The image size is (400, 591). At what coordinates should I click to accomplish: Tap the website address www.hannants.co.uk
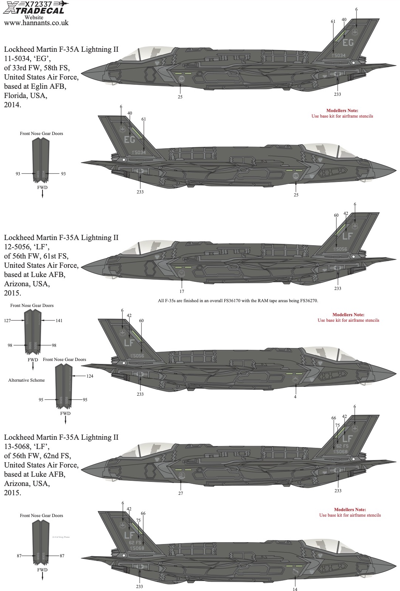36,23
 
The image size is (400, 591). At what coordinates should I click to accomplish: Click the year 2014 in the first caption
12,105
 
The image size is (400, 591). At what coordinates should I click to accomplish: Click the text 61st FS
56,256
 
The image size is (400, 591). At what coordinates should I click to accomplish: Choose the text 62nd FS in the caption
57,456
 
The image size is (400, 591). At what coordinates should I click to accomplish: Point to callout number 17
182,291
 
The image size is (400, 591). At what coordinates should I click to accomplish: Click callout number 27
181,493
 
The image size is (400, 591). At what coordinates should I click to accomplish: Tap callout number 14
295,589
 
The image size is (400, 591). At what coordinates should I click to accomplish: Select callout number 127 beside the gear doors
8,321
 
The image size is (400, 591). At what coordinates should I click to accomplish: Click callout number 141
59,321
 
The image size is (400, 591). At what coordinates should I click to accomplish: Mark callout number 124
89,376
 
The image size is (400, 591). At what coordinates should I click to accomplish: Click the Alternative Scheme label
27,380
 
